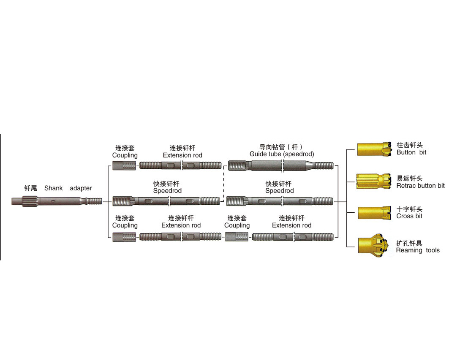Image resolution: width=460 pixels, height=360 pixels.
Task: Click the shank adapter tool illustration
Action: click(57, 202)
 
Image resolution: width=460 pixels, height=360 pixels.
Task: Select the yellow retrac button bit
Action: click(372, 181)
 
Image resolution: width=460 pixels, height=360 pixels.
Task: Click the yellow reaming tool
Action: click(372, 245)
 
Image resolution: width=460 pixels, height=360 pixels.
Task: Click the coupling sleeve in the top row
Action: click(125, 165)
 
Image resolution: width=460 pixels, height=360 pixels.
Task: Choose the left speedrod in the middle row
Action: click(167, 201)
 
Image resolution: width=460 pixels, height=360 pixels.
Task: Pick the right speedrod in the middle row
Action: click(280, 201)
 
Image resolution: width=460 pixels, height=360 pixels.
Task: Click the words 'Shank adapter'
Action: click(68, 188)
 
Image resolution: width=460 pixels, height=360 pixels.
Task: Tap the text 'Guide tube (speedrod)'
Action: click(282, 154)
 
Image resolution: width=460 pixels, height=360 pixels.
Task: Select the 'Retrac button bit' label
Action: click(420, 186)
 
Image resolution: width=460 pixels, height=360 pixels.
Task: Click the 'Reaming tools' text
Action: click(418, 250)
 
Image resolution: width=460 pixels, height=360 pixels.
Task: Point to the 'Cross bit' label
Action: click(409, 216)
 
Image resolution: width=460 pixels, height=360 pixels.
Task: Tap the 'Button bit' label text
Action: click(411, 152)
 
